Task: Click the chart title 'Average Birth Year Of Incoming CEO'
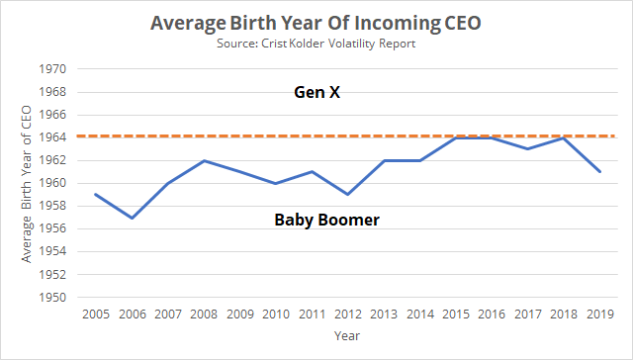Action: (x=316, y=22)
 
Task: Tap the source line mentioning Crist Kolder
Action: (x=316, y=45)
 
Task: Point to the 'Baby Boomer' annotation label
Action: (x=326, y=220)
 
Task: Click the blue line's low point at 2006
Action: (x=131, y=218)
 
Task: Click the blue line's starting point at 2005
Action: (x=95, y=195)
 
